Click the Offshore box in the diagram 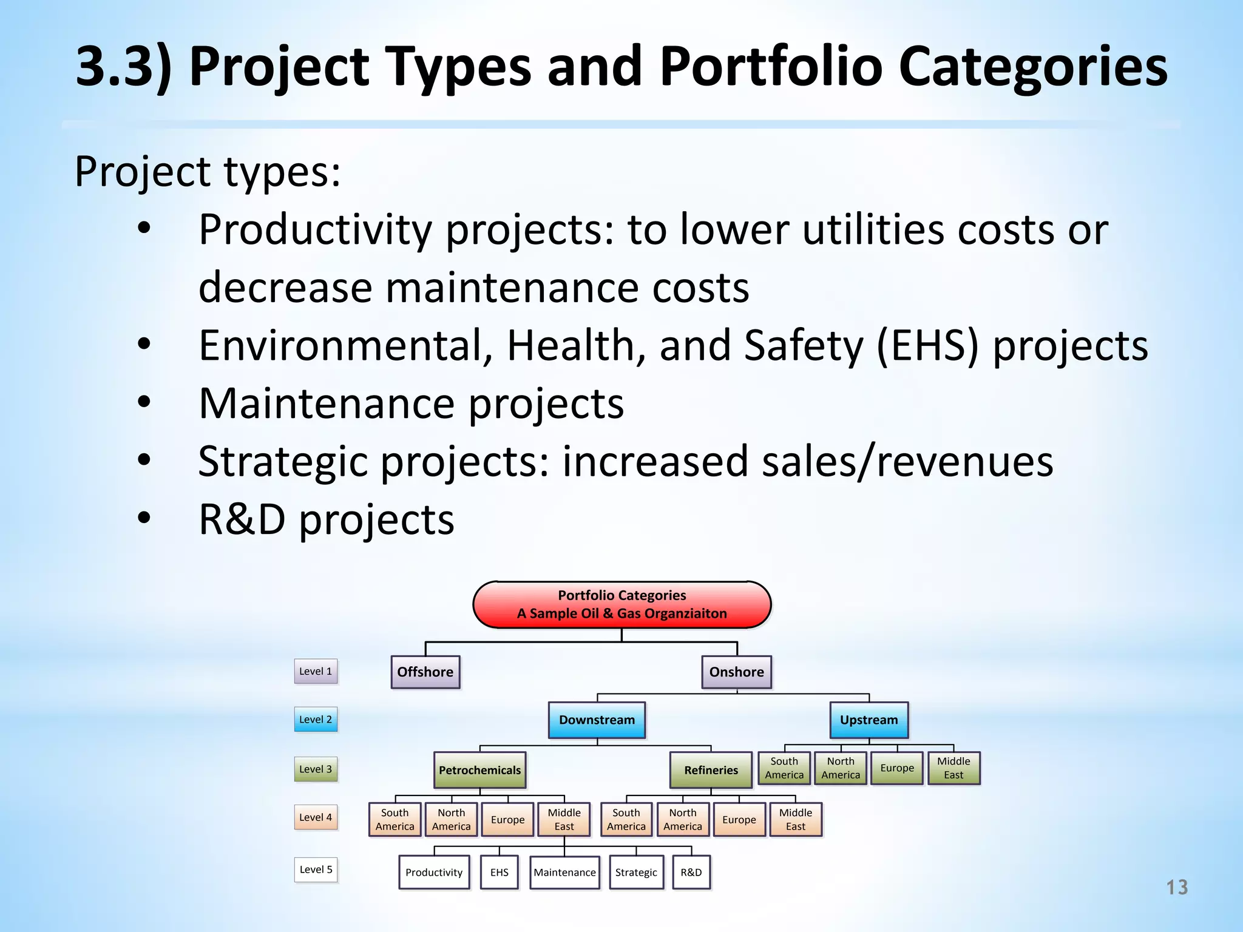(x=425, y=672)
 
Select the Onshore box (x=736, y=672)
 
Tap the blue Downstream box (x=597, y=720)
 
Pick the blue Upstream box (x=869, y=720)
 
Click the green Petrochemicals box (x=479, y=770)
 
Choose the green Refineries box (x=711, y=770)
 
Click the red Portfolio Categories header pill (x=621, y=604)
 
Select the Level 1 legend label (x=316, y=671)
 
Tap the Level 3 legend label (x=316, y=769)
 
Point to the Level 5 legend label (x=316, y=870)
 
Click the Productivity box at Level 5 (x=434, y=872)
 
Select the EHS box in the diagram (x=499, y=872)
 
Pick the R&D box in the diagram (x=691, y=872)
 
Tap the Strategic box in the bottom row (x=636, y=872)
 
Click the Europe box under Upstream (x=897, y=768)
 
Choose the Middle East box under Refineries (x=795, y=819)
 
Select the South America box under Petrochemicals (x=395, y=819)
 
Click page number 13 (x=1176, y=887)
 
